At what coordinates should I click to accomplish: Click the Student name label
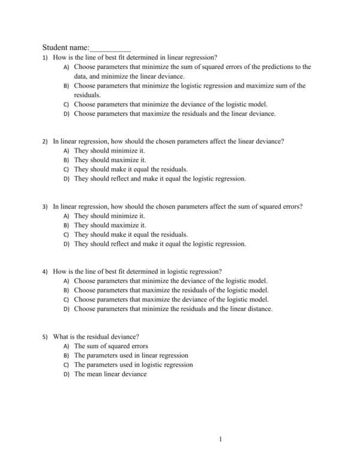65,47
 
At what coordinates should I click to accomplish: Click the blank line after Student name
110,48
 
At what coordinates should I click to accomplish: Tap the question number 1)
45,58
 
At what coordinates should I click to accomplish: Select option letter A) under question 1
67,67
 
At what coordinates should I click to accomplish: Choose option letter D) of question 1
67,113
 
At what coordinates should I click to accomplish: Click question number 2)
45,142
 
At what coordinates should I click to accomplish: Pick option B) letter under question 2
67,160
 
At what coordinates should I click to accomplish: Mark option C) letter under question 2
67,169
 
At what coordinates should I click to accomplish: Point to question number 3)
45,207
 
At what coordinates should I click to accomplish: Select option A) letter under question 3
67,216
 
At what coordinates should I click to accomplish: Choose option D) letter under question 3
67,244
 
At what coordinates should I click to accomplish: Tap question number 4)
45,271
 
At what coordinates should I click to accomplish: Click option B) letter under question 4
67,290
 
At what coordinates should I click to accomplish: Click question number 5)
45,337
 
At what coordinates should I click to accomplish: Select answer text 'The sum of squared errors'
111,346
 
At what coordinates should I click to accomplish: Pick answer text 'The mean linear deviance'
110,374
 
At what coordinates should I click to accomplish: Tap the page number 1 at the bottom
221,439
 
